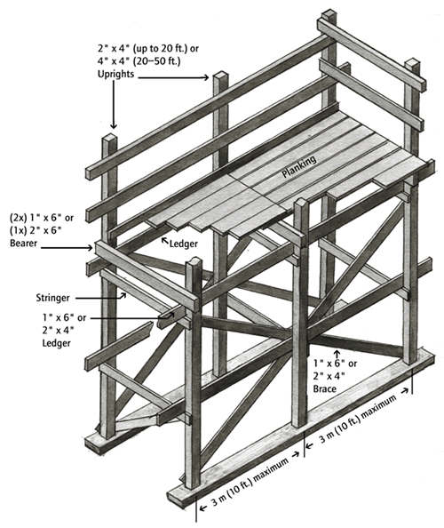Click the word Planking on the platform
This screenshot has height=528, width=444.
[298, 166]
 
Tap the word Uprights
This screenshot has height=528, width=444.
[115, 74]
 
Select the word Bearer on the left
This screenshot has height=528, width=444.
[23, 243]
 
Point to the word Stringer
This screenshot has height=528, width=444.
[52, 298]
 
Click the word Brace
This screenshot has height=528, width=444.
[325, 389]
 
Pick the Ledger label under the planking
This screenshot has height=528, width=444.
[183, 244]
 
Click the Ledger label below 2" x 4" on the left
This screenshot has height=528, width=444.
[56, 343]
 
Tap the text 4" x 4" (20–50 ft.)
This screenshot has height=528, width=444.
[139, 61]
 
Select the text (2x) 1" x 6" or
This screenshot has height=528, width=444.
[42, 218]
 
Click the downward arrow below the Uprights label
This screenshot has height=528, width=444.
[114, 104]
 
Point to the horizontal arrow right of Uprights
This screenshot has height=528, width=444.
[173, 77]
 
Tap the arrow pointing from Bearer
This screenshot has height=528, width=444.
[67, 248]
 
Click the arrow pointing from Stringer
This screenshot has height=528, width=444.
[100, 297]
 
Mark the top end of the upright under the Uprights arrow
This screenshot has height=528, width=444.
[109, 138]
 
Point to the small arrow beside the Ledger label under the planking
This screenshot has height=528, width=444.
[165, 240]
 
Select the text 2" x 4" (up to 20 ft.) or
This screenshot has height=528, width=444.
[148, 49]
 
